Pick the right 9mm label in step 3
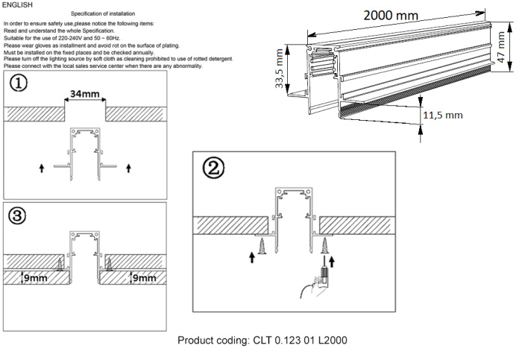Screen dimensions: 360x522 (x=142, y=278)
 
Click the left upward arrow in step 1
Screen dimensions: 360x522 (x=41, y=169)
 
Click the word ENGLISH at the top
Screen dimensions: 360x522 (x=18, y=4)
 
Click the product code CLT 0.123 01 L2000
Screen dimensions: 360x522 (x=261, y=341)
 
